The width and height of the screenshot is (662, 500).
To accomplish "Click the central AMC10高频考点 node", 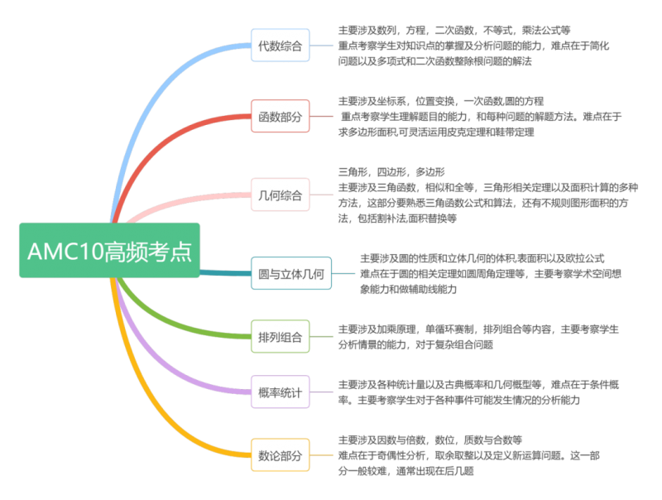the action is tap(109, 250).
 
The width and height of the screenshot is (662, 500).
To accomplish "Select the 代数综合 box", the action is tap(281, 46).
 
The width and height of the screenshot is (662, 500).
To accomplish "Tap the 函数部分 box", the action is tap(281, 116).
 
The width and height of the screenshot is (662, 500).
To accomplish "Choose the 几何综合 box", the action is tap(281, 195).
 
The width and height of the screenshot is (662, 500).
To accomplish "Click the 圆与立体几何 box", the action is tap(291, 273).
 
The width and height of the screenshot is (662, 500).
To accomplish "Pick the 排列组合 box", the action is tap(281, 337).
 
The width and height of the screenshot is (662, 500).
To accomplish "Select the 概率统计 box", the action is tap(281, 392).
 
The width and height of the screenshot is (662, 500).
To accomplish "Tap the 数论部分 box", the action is tap(281, 455).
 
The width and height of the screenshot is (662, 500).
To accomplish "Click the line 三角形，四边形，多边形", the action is tap(391, 172).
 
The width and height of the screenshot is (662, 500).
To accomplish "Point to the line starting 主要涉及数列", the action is tap(454, 30).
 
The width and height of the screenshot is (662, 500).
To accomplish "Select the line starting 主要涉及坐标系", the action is tap(441, 101).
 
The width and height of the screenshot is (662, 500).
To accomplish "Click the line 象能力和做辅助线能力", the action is tap(408, 289).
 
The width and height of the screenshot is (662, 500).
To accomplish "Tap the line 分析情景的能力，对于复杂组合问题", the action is tap(415, 344).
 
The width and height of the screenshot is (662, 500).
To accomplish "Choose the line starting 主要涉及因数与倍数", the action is tap(429, 440).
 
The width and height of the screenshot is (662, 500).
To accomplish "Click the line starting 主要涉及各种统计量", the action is tap(478, 384).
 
